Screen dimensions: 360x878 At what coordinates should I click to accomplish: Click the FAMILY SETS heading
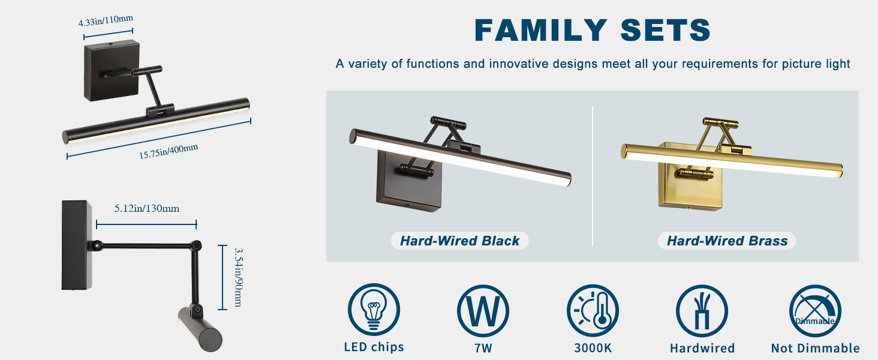(593, 30)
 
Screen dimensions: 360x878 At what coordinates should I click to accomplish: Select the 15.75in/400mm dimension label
(169, 151)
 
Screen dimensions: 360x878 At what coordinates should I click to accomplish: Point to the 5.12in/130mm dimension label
(147, 209)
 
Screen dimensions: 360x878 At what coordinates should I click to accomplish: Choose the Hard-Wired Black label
(459, 241)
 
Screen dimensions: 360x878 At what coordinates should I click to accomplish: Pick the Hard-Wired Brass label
(727, 241)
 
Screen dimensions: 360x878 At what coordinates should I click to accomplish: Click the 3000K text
(593, 348)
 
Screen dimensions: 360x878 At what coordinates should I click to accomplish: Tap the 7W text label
(483, 348)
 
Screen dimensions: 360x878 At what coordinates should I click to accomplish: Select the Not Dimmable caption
(815, 348)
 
